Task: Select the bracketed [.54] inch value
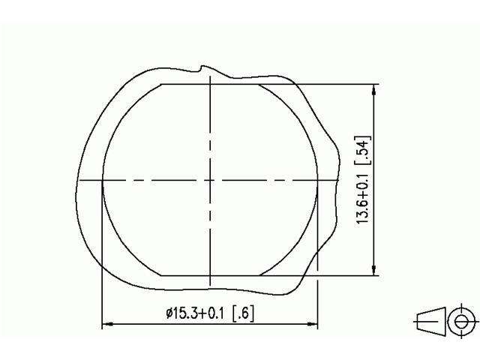tap(361, 153)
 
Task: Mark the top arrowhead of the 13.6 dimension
tap(373, 88)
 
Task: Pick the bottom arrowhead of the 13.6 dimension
tap(373, 271)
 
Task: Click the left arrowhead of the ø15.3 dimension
tap(106, 325)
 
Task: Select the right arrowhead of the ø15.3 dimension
tap(313, 325)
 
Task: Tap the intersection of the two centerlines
tap(210, 180)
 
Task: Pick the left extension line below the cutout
tap(102, 300)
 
